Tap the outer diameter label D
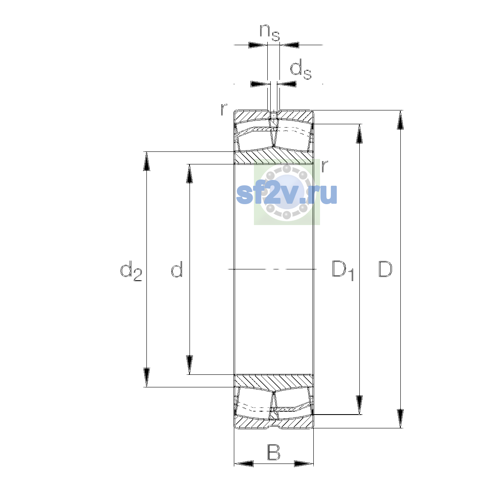(385, 269)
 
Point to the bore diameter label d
(177, 269)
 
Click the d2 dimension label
(131, 271)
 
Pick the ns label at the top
(270, 33)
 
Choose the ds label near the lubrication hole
(301, 69)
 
